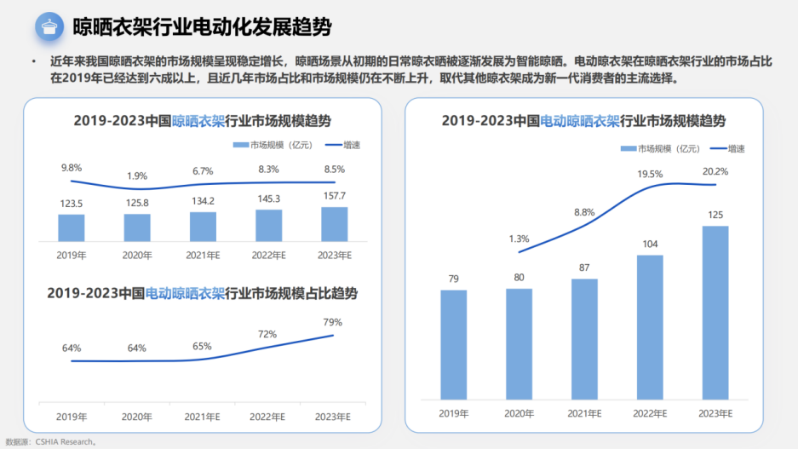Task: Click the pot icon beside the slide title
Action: [x=50, y=26]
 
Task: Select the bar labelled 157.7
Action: [x=334, y=224]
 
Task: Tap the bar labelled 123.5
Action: [x=72, y=227]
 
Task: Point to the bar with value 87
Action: [x=584, y=339]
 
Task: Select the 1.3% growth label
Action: [x=519, y=239]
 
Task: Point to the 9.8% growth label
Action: [x=72, y=167]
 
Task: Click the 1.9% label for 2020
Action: [x=137, y=176]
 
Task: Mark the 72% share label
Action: [x=267, y=334]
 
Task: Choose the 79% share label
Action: [x=333, y=322]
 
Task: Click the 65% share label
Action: [x=203, y=347]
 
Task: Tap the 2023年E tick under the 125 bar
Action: [x=715, y=413]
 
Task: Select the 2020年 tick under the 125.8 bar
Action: [x=137, y=255]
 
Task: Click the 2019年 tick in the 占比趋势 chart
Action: [x=72, y=417]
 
